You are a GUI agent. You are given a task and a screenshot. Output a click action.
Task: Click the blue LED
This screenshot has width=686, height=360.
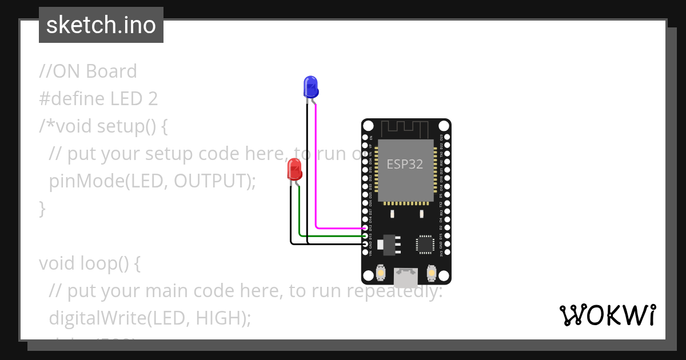310,86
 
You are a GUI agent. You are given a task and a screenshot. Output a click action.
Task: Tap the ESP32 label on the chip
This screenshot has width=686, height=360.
405,165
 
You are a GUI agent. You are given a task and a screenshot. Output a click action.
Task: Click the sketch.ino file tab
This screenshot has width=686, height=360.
101,25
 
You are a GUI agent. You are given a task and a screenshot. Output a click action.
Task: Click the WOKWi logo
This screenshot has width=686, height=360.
607,315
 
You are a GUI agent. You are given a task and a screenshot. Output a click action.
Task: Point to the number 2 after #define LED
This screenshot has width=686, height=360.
153,99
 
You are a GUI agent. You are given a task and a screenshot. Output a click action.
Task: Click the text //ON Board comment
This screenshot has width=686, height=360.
88,71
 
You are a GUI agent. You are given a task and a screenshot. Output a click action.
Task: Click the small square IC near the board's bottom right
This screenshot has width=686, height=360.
425,244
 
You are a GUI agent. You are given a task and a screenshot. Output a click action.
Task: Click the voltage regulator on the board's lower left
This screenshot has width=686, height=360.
390,243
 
